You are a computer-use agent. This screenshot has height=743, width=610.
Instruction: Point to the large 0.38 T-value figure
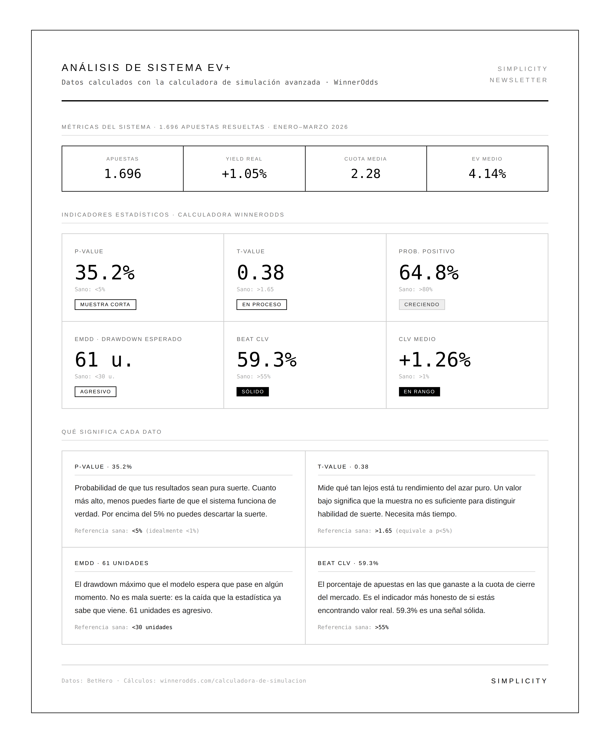[x=260, y=273]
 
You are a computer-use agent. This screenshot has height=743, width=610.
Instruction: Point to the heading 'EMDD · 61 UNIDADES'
[x=111, y=563]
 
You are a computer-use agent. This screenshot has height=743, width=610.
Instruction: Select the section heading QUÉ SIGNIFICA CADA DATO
[x=111, y=432]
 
